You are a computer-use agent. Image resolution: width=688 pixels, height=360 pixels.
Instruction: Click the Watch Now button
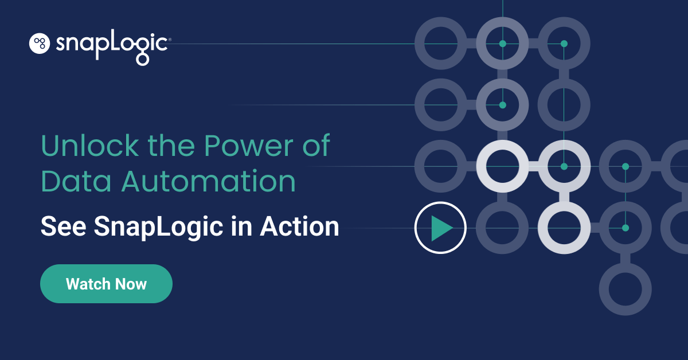106,284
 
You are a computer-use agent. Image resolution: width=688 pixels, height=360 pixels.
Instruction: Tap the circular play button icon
440,228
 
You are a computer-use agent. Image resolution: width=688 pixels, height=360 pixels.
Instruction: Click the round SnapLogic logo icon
40,44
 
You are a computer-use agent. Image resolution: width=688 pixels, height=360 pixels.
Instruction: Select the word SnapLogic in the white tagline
157,227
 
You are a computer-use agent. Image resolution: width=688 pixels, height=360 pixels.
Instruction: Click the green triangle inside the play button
441,228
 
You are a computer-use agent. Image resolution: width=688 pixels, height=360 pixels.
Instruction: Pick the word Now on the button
131,284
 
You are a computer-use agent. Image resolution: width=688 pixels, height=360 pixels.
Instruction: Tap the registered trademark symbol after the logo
169,40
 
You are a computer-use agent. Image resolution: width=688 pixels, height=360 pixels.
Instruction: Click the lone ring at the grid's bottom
626,289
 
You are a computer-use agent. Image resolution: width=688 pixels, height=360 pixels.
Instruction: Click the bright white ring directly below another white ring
564,228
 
